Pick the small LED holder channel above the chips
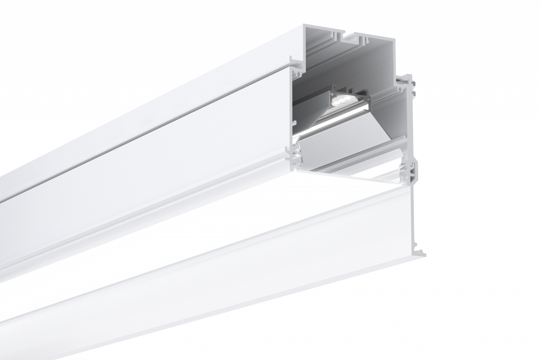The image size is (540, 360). [348, 91]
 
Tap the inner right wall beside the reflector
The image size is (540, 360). [399, 122]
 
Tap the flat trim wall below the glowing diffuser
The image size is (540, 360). [253, 270]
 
